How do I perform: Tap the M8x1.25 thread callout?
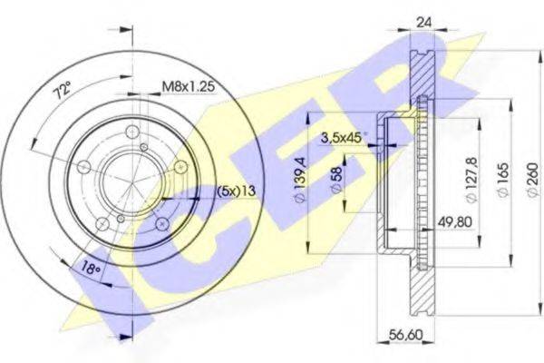(189, 86)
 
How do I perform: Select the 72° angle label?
(62, 90)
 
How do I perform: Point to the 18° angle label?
(91, 269)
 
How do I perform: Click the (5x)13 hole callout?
(237, 191)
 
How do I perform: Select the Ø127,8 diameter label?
(472, 180)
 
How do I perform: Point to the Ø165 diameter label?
(503, 180)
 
